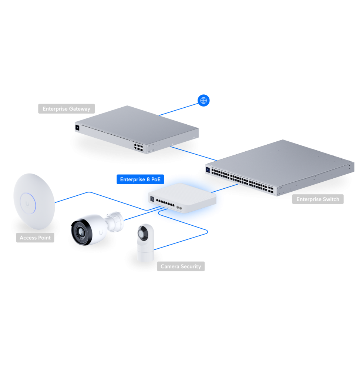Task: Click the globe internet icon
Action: click(x=203, y=100)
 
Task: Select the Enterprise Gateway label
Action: click(x=66, y=109)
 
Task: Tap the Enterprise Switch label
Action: click(x=317, y=199)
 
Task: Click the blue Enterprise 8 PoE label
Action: click(x=140, y=179)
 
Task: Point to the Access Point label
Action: click(x=35, y=238)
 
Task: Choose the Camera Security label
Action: click(x=181, y=266)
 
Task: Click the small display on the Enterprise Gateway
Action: click(x=77, y=127)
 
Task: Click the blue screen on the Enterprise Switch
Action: click(x=208, y=170)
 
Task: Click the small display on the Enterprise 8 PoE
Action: click(x=152, y=198)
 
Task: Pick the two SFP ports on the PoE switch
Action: click(x=179, y=207)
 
